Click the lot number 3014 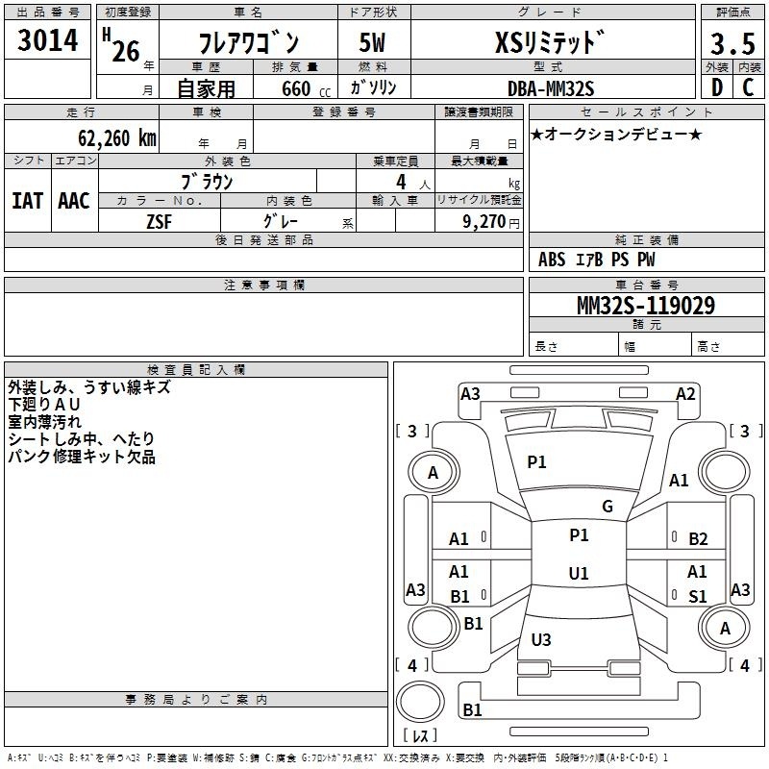pos(47,39)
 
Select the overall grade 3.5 pos(732,43)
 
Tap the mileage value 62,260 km pos(117,137)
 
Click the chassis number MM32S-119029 pos(646,305)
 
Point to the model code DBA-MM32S pos(551,88)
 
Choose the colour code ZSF pos(159,222)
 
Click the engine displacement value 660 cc pos(306,88)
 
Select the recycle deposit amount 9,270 pos(484,221)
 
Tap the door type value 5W pos(372,42)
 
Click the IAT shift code pos(28,201)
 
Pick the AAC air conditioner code pos(74,201)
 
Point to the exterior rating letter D pos(717,87)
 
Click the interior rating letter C pos(749,87)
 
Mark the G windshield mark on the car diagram pos(608,507)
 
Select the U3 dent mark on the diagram pos(541,639)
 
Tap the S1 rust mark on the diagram pos(698,596)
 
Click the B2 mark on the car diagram pos(698,539)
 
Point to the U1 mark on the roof pos(579,573)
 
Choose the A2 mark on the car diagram pos(685,394)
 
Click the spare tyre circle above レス pos(420,702)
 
